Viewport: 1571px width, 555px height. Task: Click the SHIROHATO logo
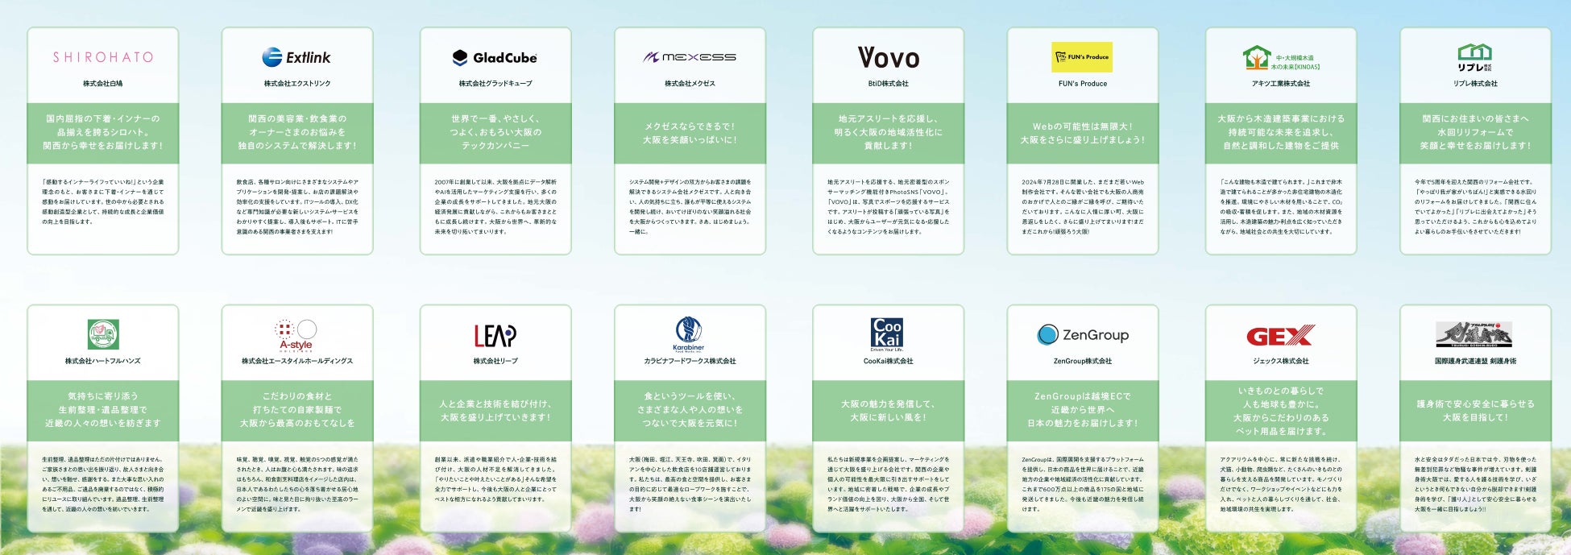tap(102, 57)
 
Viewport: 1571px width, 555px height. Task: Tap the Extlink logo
tap(296, 57)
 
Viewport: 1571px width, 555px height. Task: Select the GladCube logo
tap(495, 57)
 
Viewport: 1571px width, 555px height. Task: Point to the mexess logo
tap(690, 57)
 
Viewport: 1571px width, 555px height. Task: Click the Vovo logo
tap(888, 57)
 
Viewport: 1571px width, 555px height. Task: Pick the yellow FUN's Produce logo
tap(1082, 57)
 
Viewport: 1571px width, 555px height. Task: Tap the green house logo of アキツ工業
tap(1257, 57)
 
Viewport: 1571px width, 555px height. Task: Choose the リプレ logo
tap(1474, 57)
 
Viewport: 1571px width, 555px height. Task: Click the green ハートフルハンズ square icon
tap(103, 334)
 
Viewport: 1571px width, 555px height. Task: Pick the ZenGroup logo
tap(1082, 334)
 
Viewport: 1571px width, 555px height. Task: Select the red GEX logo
tap(1280, 335)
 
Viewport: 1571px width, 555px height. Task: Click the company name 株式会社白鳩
tap(102, 84)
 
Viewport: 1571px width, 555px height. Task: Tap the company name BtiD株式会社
tap(888, 84)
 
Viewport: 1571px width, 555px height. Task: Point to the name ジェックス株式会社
tap(1280, 361)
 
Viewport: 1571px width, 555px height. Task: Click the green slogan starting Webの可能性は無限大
tap(1082, 133)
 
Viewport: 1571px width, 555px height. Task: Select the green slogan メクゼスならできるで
tap(690, 133)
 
